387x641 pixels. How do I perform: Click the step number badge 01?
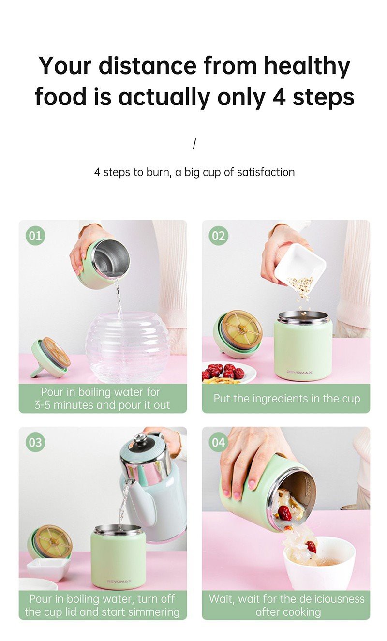pyautogui.click(x=35, y=236)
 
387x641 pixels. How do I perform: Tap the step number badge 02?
pyautogui.click(x=219, y=236)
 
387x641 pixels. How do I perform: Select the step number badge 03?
pyautogui.click(x=35, y=442)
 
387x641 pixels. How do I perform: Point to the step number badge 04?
pyautogui.click(x=219, y=442)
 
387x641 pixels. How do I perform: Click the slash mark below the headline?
pyautogui.click(x=194, y=144)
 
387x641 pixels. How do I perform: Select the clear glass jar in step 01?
pyautogui.click(x=128, y=347)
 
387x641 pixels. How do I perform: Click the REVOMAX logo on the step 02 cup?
pyautogui.click(x=300, y=373)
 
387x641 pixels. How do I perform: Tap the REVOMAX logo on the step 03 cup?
pyautogui.click(x=119, y=581)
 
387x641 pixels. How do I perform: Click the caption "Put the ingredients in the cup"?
pyautogui.click(x=287, y=399)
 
